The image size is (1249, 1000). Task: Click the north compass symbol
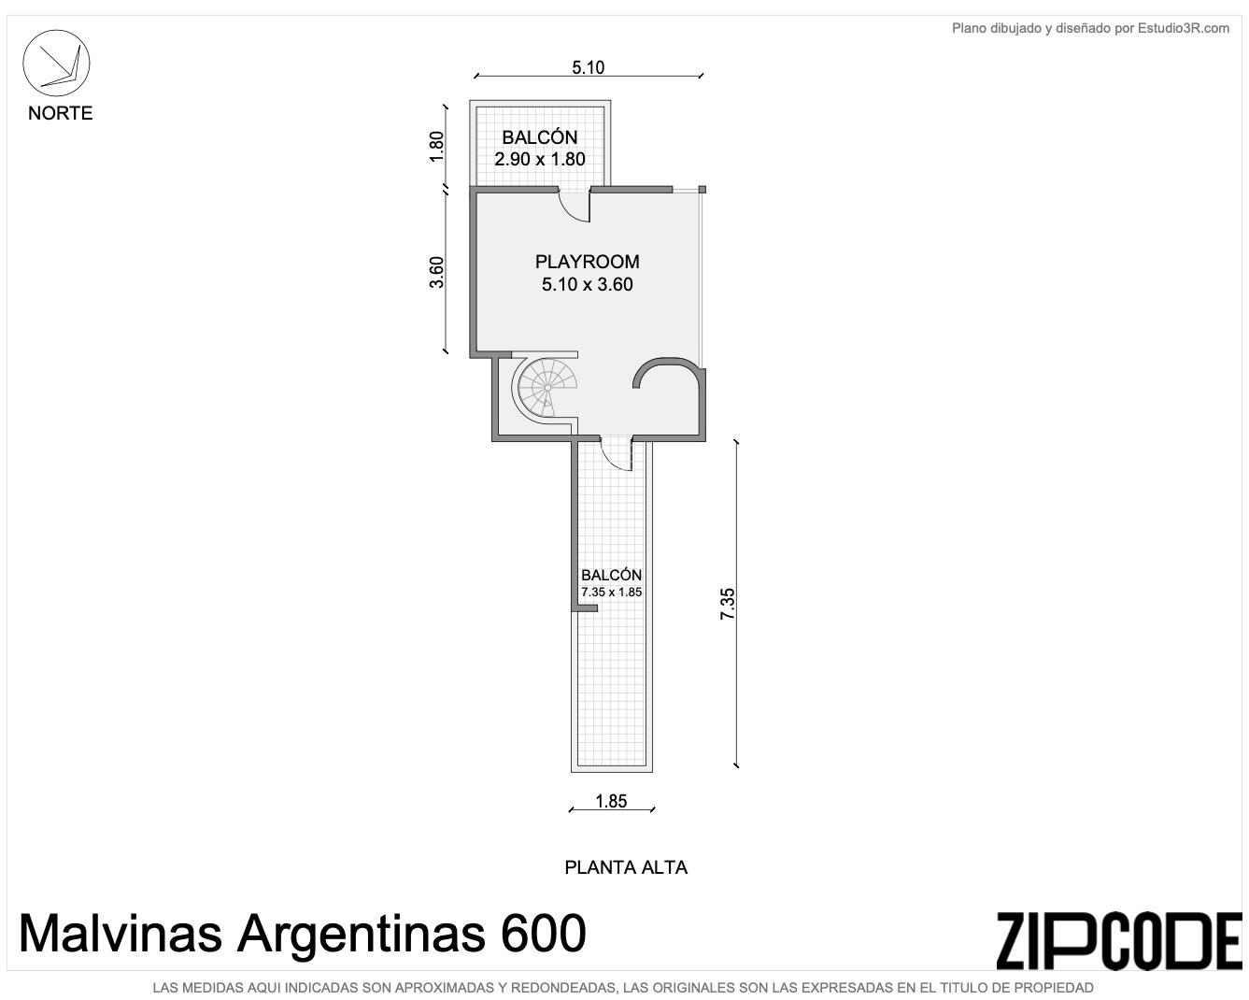click(x=56, y=64)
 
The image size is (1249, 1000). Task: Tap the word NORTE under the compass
click(x=61, y=113)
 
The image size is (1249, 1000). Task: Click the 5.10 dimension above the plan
click(x=588, y=67)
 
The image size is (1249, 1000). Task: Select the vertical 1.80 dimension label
click(x=436, y=147)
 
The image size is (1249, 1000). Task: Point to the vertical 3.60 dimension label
click(x=436, y=272)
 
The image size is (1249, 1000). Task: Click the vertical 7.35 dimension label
click(x=727, y=604)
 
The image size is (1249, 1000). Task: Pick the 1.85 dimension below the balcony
click(x=611, y=801)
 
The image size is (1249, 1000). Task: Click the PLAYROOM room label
click(x=588, y=262)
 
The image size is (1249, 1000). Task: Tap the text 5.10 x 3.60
click(x=588, y=284)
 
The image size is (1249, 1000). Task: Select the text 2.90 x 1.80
click(x=540, y=159)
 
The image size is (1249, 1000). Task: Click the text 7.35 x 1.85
click(x=612, y=593)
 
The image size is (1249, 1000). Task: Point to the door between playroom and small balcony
click(x=575, y=206)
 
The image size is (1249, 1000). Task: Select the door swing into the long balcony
click(x=616, y=455)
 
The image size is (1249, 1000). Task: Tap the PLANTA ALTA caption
click(x=626, y=867)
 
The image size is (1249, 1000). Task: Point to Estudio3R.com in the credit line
click(x=1183, y=28)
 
